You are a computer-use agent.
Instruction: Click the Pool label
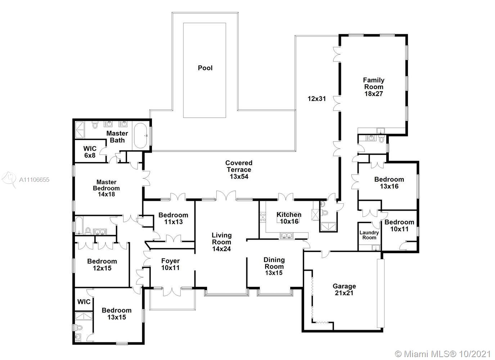pos(205,68)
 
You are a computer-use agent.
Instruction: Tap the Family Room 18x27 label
pos(373,87)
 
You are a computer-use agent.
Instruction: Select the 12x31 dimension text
pos(317,99)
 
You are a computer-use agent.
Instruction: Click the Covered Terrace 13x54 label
pos(239,170)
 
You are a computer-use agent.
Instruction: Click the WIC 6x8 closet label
pos(90,152)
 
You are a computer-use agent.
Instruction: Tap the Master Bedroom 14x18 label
pos(106,188)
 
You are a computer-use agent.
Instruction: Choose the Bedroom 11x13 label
pos(173,219)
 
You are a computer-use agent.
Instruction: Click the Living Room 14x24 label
pos(221,242)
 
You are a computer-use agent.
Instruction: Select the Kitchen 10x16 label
pos(289,218)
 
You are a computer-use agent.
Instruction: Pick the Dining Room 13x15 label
pos(274,266)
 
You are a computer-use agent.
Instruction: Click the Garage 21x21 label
pos(344,289)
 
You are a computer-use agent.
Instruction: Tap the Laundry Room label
pos(369,235)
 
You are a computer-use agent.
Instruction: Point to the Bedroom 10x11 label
pos(399,225)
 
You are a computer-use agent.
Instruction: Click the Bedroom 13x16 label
pos(389,183)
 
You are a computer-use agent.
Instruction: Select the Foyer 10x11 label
pos(170,264)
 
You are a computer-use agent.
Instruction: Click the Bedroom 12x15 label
pos(102,265)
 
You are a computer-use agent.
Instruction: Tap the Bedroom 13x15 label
pos(117,314)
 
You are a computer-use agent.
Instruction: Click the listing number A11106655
pos(34,180)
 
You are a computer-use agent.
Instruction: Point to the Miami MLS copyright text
pos(443,354)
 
